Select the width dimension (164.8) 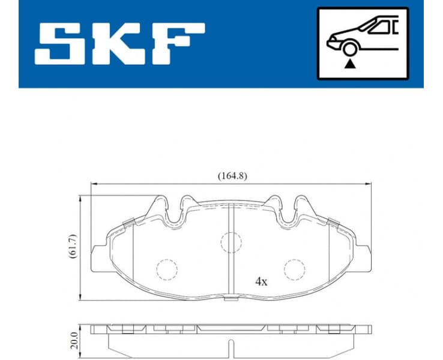coord(232,176)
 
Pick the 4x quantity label coord(261,280)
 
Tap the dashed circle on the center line coord(231,242)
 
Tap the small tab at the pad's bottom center coord(231,298)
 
